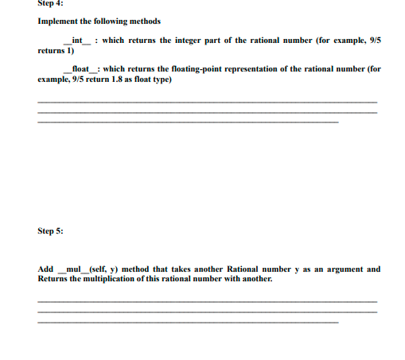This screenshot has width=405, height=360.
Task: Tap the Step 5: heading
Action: [49, 231]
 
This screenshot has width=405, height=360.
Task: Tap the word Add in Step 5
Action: [45, 269]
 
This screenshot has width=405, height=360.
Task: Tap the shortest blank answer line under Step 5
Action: [188, 323]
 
